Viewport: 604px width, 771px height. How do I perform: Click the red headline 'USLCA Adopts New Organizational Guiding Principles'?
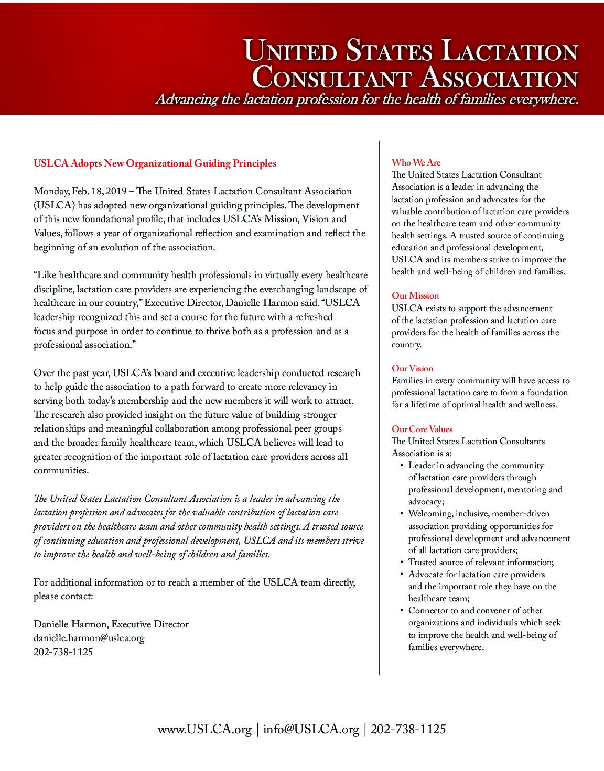coord(155,163)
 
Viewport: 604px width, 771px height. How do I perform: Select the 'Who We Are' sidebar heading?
coord(416,162)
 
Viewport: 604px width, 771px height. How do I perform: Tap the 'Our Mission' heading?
coord(415,295)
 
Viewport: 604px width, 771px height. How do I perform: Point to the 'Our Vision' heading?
coord(412,368)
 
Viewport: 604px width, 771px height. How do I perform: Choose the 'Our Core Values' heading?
coord(422,429)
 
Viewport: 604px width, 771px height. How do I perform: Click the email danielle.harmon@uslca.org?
coord(89,638)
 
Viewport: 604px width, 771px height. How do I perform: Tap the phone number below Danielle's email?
coord(63,652)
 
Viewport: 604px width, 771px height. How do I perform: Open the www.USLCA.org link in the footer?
coord(204,729)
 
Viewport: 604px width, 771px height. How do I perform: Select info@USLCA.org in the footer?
coord(311,729)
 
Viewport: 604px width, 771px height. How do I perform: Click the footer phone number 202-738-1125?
coord(408,729)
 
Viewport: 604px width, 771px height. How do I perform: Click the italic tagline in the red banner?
coord(366,100)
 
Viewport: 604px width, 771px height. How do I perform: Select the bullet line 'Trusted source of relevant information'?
coord(481,562)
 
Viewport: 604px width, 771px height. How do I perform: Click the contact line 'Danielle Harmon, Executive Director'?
coord(111,624)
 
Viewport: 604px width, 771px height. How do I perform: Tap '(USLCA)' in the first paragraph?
coord(54,205)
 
